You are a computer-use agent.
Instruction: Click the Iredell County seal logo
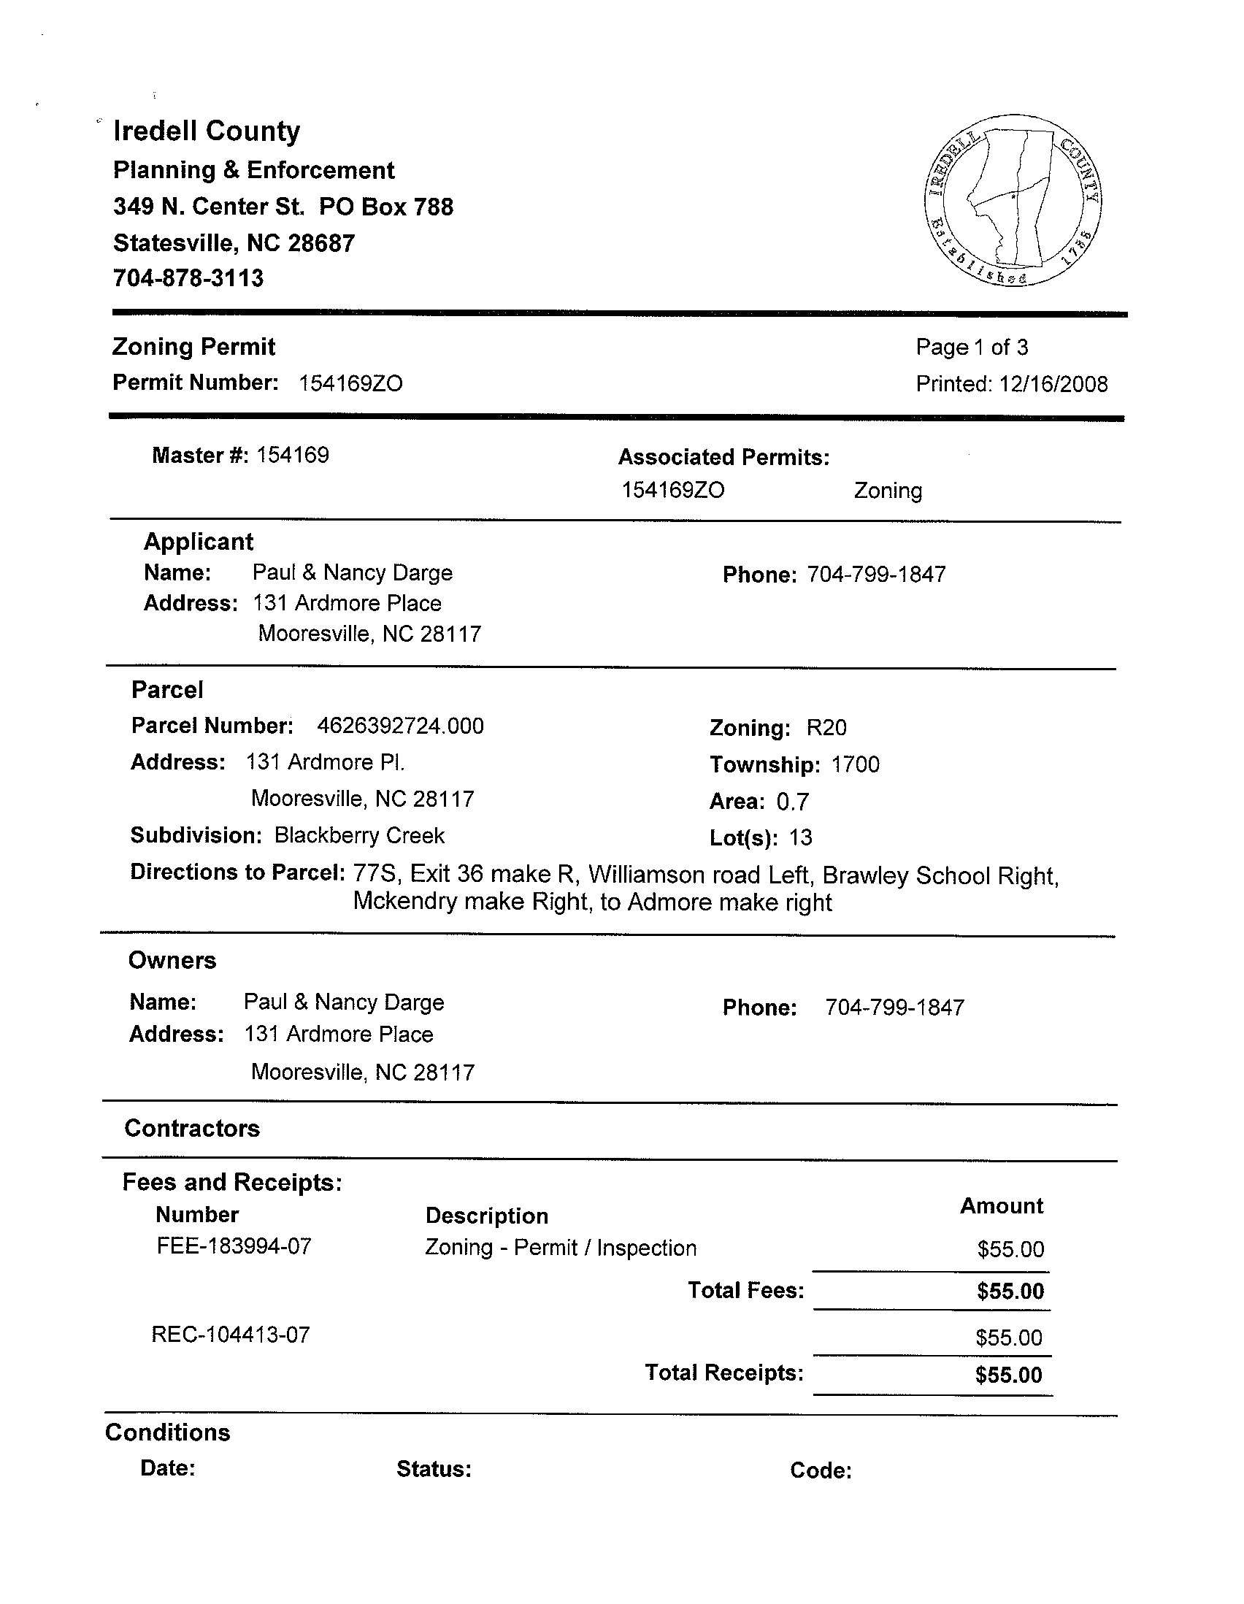1013,200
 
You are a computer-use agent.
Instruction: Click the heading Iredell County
207,131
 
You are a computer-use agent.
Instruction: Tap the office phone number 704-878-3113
188,278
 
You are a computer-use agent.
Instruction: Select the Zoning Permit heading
194,347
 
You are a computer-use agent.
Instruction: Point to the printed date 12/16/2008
1053,384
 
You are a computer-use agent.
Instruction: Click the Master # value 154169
292,456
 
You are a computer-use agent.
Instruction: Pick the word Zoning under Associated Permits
888,491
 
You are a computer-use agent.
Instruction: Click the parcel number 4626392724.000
400,726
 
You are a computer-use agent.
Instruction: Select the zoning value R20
826,728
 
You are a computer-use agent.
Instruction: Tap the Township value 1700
856,764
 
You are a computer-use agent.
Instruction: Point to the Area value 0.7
792,801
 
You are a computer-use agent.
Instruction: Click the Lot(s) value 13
800,838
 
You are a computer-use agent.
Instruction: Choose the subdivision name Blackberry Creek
359,836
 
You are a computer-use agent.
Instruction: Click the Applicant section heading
199,542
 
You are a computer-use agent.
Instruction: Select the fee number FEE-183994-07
234,1246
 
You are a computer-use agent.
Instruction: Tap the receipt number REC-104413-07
231,1335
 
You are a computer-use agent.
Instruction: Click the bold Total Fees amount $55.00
1010,1292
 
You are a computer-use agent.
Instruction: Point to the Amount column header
1001,1206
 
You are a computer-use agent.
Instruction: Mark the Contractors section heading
193,1128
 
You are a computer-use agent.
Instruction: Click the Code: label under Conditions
821,1470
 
